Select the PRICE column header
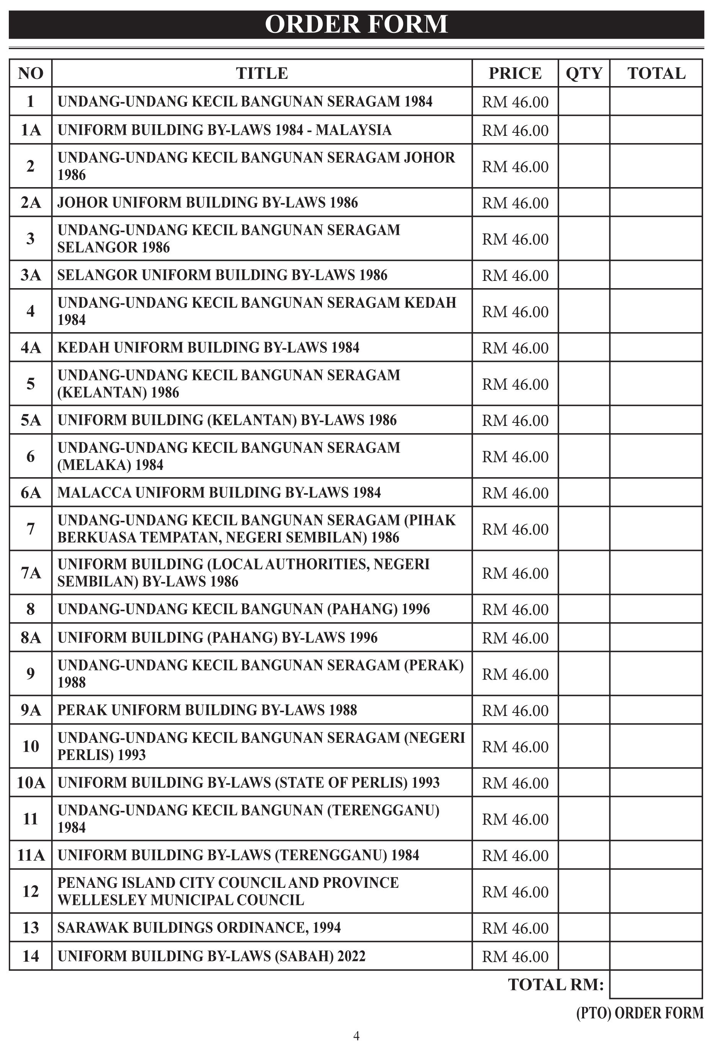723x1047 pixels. (x=515, y=73)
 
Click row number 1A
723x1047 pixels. (x=30, y=130)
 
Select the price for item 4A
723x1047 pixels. (x=515, y=348)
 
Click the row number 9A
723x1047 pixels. (x=30, y=710)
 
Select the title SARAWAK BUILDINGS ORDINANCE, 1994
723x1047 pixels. (x=199, y=928)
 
